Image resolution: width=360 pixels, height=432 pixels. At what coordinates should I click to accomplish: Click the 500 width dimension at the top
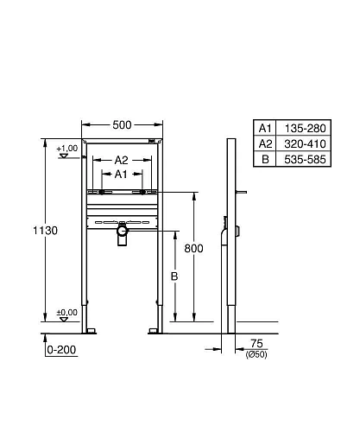click(122, 125)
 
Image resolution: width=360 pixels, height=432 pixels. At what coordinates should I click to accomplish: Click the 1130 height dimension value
click(45, 231)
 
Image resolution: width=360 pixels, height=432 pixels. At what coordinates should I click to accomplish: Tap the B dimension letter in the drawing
click(174, 276)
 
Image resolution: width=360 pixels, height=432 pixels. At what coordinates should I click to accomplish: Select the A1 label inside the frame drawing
click(122, 175)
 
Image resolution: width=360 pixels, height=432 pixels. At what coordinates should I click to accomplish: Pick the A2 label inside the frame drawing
click(122, 160)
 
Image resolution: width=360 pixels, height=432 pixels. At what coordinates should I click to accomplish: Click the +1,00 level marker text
click(66, 149)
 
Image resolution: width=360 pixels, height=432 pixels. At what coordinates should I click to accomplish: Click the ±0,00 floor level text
click(66, 313)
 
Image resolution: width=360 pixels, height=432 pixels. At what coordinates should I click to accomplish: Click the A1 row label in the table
click(266, 128)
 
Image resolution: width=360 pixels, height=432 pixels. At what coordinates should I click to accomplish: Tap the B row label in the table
click(266, 159)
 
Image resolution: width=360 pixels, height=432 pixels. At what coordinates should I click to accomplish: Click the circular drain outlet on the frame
click(122, 230)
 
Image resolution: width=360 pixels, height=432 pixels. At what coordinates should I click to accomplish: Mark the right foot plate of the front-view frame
click(156, 328)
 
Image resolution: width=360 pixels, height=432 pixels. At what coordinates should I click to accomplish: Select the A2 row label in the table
click(266, 143)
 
